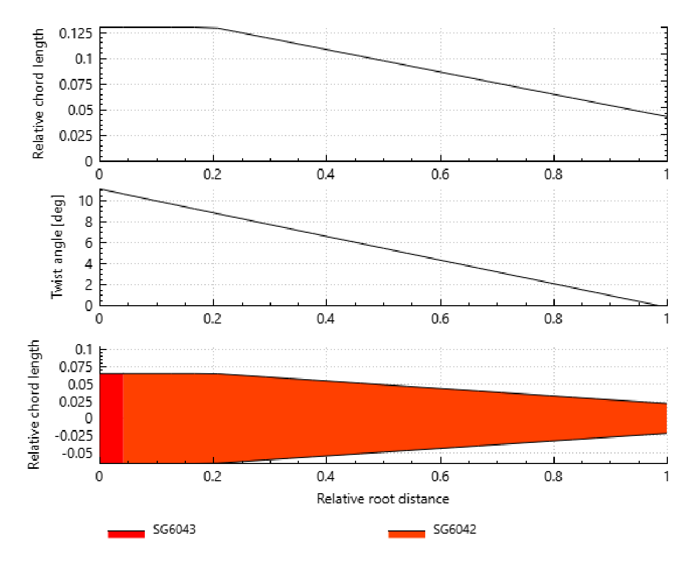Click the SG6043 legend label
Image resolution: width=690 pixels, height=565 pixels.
tap(174, 529)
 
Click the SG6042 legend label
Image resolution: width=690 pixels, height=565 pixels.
tap(454, 529)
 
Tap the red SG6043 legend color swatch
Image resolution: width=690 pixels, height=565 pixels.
tap(126, 534)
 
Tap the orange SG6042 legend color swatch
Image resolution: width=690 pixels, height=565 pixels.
tap(406, 534)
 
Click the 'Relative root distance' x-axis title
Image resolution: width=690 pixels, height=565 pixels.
tap(383, 499)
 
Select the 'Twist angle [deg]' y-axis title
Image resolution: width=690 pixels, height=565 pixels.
tap(57, 247)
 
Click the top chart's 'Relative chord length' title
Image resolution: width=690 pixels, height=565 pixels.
tap(38, 95)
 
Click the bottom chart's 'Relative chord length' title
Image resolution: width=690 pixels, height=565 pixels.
tap(34, 405)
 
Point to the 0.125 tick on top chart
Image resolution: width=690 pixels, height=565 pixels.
tap(76, 33)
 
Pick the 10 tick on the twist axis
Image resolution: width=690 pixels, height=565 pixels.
tap(85, 201)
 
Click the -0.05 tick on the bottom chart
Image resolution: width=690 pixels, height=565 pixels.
tap(77, 453)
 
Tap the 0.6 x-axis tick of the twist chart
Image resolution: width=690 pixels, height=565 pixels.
tap(440, 319)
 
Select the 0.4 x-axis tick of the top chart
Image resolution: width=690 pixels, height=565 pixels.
tap(326, 174)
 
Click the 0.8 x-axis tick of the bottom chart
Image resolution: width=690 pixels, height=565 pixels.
tap(554, 476)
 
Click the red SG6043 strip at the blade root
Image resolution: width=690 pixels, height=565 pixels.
tap(111, 418)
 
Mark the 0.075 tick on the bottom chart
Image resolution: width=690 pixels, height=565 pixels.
tap(76, 367)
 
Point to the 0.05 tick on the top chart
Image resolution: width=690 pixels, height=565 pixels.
tap(80, 110)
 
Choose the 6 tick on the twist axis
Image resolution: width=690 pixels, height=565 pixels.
tap(89, 243)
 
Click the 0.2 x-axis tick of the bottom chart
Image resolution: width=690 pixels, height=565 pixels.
tap(212, 476)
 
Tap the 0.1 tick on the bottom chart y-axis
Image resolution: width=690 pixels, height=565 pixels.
tap(83, 349)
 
